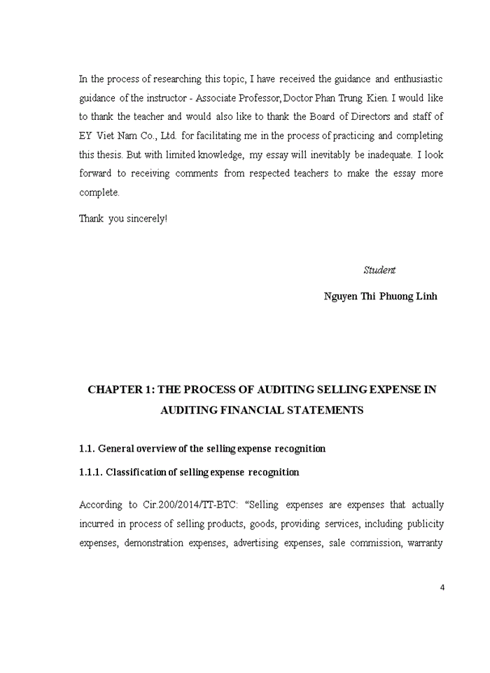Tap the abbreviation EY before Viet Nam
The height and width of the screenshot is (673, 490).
[85, 135]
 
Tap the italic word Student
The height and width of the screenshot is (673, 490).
[379, 270]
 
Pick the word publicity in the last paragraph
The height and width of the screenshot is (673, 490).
[425, 524]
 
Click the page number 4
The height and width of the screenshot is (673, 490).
[442, 587]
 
